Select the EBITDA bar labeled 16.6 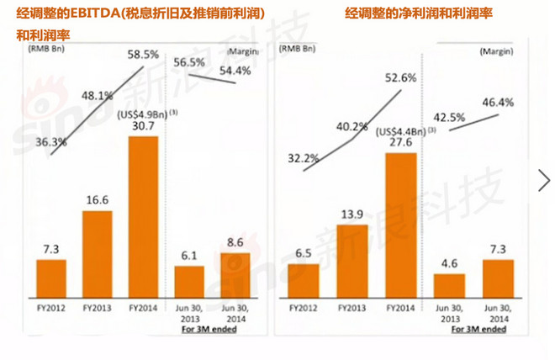click(98, 252)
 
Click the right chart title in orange click(417, 13)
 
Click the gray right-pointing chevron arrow click(544, 179)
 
